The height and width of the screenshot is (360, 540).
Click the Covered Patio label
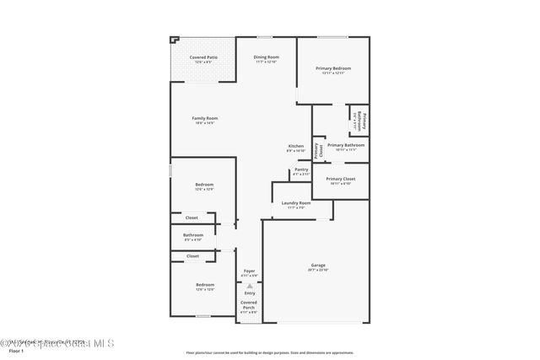tap(203, 58)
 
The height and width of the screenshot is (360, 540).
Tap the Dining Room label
tap(267, 58)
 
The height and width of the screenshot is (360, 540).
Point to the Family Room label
tap(203, 119)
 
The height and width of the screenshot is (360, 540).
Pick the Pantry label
tap(300, 171)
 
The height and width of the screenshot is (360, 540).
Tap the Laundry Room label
tap(295, 204)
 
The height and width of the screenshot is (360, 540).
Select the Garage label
tap(317, 266)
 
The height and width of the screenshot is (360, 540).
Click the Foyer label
tap(249, 271)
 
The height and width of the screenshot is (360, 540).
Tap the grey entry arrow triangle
tap(249, 286)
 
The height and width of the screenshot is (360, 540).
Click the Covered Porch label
tap(249, 304)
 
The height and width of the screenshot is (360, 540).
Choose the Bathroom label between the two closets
tap(193, 236)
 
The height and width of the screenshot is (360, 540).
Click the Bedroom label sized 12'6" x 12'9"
tap(204, 185)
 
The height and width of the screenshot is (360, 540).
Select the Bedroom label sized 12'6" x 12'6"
tap(204, 286)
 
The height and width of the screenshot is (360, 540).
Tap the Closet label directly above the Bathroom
tap(192, 218)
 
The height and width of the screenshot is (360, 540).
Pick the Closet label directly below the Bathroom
tap(192, 255)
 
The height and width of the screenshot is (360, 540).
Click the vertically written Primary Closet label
tap(318, 150)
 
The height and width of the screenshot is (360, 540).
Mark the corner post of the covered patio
tap(174, 39)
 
